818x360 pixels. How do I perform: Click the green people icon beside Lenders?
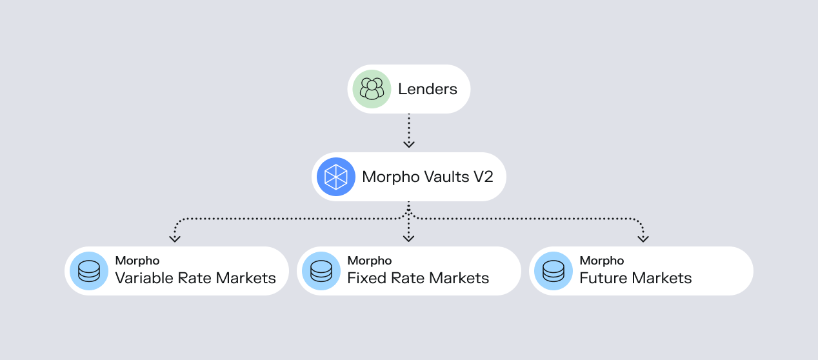372,89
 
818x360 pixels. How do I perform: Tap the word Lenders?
427,89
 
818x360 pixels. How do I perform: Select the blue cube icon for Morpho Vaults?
336,177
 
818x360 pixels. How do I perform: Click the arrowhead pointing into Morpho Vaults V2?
408,143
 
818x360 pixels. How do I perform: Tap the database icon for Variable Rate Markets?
88,271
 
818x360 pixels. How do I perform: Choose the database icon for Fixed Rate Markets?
321,271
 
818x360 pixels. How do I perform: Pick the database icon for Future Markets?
553,271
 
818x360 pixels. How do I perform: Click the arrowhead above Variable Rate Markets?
174,238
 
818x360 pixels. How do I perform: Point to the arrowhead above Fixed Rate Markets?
408,238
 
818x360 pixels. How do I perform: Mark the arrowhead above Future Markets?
643,238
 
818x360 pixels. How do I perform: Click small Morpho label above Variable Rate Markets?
137,261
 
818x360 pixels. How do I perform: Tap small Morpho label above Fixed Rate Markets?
370,261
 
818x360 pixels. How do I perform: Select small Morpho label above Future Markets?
602,261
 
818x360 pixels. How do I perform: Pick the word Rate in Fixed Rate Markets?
404,278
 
